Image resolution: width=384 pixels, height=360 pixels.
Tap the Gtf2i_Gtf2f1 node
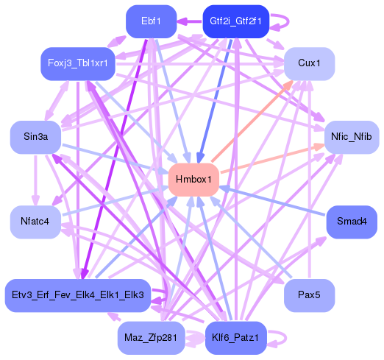click(235, 21)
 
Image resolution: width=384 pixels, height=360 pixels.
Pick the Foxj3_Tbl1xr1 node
click(78, 63)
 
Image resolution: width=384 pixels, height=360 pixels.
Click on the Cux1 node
click(309, 63)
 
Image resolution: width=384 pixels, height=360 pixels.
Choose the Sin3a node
click(35, 137)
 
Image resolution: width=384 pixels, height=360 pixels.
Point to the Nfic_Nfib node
click(351, 137)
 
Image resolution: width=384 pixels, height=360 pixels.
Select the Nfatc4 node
click(35, 222)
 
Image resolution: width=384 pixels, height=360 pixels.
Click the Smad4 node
click(351, 222)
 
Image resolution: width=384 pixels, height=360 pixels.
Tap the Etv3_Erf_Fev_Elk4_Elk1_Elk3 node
click(78, 295)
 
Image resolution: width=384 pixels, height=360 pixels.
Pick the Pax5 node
click(309, 295)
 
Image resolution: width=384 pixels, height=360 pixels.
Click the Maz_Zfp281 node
click(151, 338)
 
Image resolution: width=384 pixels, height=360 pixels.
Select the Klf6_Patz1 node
click(235, 338)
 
